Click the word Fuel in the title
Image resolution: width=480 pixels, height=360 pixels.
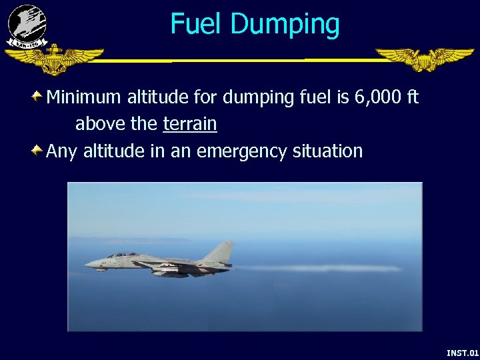point(197,24)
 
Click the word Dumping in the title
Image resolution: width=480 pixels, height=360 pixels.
point(285,25)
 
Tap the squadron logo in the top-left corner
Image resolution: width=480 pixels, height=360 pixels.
point(27,25)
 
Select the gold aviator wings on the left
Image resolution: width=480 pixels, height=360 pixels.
point(53,59)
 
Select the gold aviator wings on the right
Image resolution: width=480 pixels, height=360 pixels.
point(424,59)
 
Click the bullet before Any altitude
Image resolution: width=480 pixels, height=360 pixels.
point(39,151)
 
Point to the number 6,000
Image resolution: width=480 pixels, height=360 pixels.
point(377,97)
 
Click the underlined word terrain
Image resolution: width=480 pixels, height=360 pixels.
point(189,124)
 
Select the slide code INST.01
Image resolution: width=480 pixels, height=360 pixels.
point(462,352)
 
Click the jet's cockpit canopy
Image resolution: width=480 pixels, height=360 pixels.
point(122,255)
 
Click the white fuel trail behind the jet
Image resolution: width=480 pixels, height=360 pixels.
point(320,268)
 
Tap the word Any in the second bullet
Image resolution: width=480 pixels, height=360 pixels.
point(61,152)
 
